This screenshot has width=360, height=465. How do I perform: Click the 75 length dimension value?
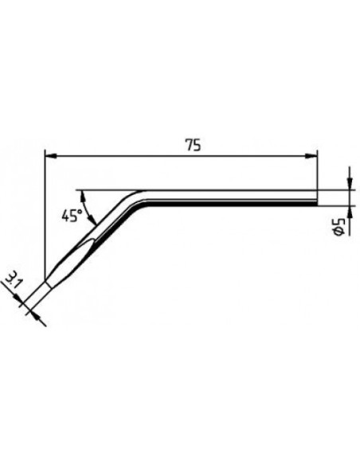193,145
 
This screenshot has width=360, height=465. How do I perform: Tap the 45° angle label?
72,215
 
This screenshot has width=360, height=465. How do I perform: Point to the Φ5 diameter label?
338,227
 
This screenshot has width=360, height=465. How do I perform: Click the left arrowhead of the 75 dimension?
50,155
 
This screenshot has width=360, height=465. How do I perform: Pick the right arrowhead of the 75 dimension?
311,155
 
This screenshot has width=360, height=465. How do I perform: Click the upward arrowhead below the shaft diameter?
350,211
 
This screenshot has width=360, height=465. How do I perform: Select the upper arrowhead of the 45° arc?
83,195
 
